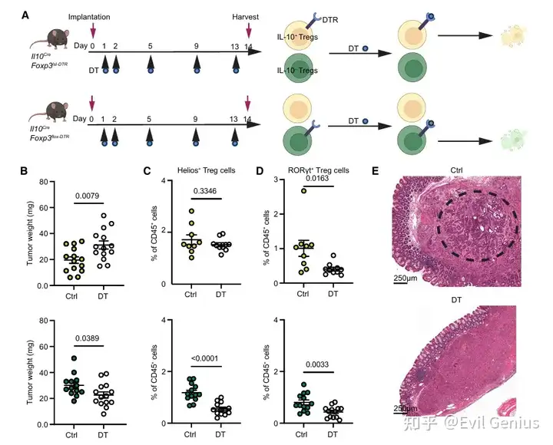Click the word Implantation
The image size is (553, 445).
(90, 16)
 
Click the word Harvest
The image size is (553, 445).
(248, 16)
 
